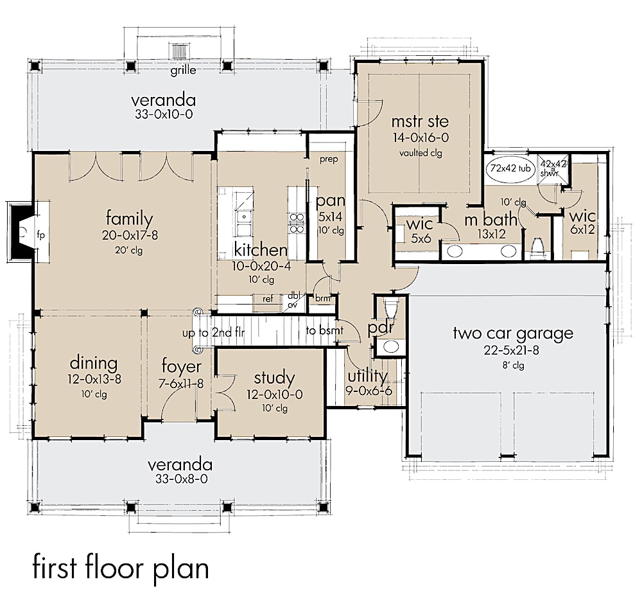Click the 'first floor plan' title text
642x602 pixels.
(121, 569)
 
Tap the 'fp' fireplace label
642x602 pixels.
(40, 234)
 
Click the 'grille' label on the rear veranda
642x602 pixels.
(183, 70)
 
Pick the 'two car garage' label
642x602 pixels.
(512, 333)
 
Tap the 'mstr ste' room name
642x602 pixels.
(420, 121)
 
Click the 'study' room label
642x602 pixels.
(273, 378)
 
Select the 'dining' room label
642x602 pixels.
(94, 363)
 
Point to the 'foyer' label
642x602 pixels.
(181, 367)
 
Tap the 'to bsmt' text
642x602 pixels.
(324, 331)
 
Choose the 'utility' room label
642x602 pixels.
(367, 375)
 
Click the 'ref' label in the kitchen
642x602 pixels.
(268, 299)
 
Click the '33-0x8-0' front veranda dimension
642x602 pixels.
(179, 479)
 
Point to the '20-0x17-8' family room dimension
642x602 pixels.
(129, 235)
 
